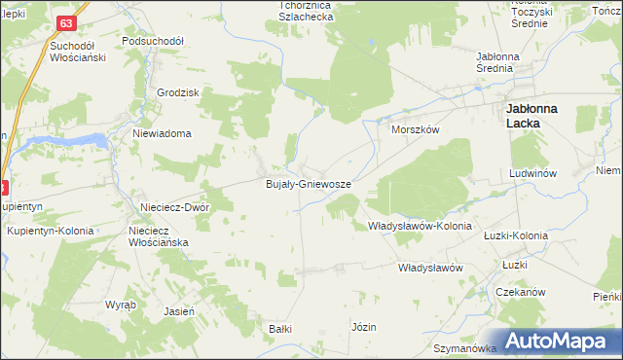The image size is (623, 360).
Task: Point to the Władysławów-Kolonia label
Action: (420, 226)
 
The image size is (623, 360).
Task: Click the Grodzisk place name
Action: (177, 92)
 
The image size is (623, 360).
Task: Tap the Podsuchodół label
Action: (154, 42)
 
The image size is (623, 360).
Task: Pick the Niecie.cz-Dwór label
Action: (174, 206)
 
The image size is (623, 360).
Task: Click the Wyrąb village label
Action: (121, 304)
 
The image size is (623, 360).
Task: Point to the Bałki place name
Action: (280, 329)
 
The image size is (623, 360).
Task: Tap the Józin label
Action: (364, 327)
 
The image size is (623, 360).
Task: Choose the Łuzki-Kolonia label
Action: (516, 235)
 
